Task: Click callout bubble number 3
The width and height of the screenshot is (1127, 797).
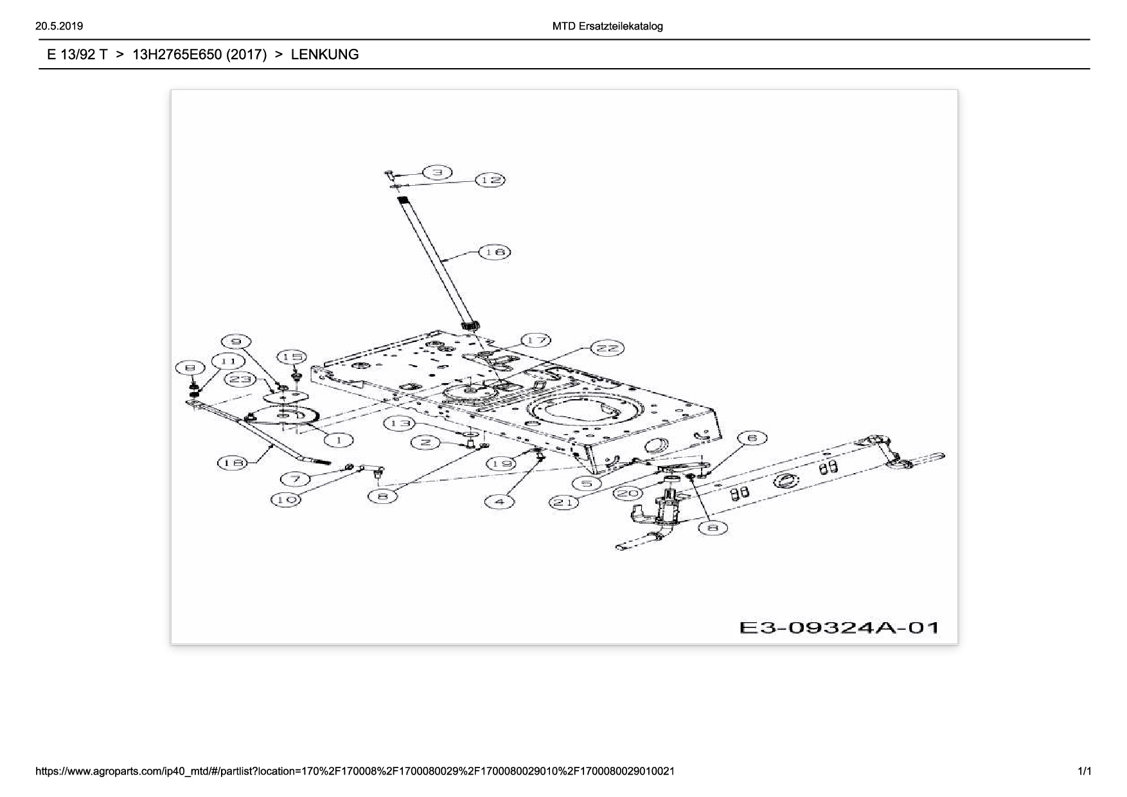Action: pyautogui.click(x=438, y=172)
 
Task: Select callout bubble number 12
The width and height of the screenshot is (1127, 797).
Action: pyautogui.click(x=490, y=180)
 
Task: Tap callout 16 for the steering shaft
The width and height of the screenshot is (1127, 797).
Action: pyautogui.click(x=495, y=252)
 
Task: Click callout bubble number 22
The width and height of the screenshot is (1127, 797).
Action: pyautogui.click(x=607, y=348)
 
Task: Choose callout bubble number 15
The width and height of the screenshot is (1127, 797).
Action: pyautogui.click(x=292, y=357)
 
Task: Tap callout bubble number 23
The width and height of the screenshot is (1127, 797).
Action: pyautogui.click(x=240, y=379)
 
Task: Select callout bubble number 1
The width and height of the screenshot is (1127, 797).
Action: pyautogui.click(x=339, y=440)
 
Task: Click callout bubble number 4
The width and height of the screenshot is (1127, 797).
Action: pyautogui.click(x=499, y=501)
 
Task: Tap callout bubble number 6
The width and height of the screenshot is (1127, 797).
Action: pyautogui.click(x=752, y=438)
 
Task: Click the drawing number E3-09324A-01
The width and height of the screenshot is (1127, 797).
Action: pyautogui.click(x=839, y=627)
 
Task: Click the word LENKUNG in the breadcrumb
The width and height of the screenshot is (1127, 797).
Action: pyautogui.click(x=324, y=55)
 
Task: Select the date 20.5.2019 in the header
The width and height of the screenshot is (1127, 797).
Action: pyautogui.click(x=59, y=26)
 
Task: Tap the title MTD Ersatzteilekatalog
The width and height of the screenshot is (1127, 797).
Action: pyautogui.click(x=607, y=26)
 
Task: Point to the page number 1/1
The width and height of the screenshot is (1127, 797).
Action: pyautogui.click(x=1084, y=771)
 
